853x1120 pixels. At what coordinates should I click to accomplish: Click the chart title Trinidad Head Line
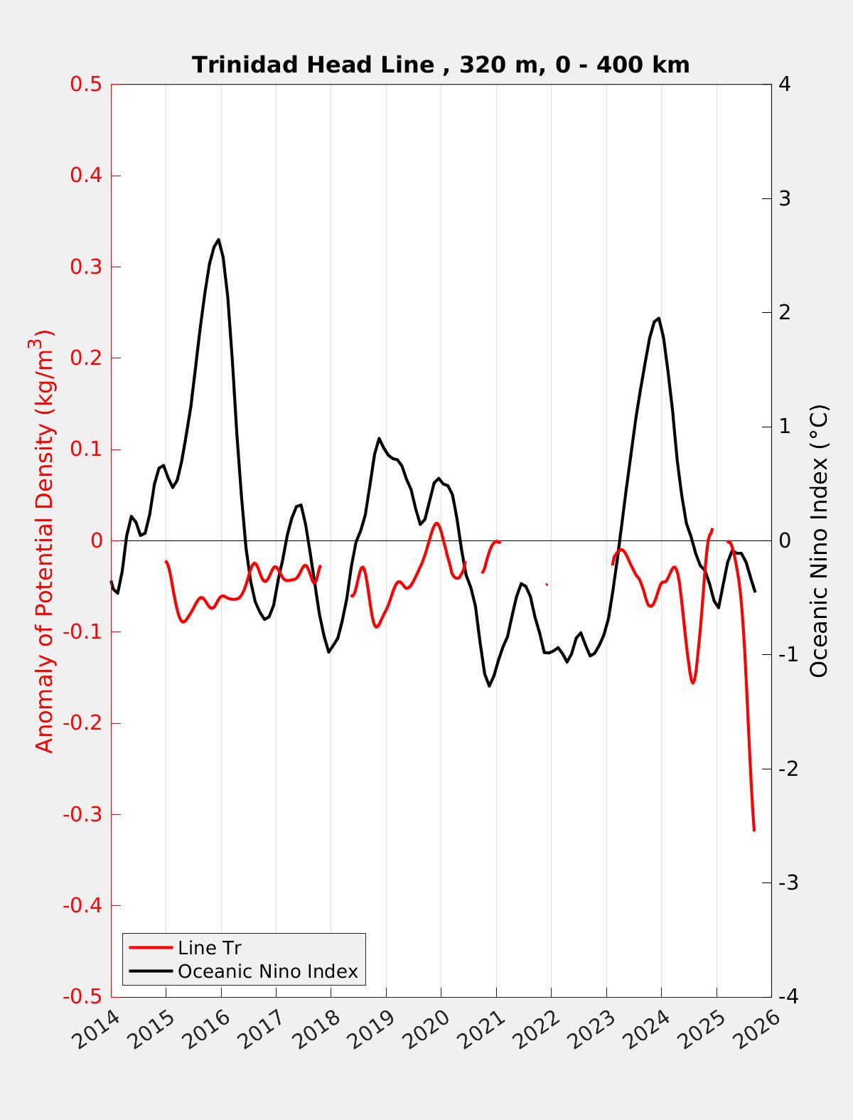coord(441,65)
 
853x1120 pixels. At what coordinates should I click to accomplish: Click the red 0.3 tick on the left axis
coord(86,267)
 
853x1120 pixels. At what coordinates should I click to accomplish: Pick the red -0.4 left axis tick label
coord(82,906)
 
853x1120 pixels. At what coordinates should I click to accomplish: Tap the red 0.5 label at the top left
coord(86,85)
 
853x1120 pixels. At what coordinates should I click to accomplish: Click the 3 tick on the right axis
coord(785,198)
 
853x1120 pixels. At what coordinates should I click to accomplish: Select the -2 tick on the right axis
coord(788,769)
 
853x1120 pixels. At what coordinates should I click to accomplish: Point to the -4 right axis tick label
coord(788,997)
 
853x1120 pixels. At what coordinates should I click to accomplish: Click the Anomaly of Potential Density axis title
coord(45,540)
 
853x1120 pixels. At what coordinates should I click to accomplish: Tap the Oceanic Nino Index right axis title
coord(820,540)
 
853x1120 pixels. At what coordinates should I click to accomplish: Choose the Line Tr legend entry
coord(210,948)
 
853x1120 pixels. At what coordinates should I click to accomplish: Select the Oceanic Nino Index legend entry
coord(267,971)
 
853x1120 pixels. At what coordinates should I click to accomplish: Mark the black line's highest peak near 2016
coord(218,240)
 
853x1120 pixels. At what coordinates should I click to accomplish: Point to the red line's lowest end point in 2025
coord(753,829)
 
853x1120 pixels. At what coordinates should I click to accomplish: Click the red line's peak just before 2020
coord(436,523)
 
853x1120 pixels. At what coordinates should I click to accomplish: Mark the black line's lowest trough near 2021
coord(489,686)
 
